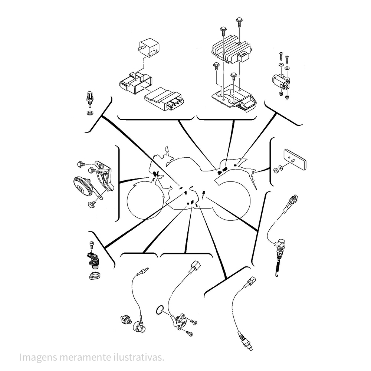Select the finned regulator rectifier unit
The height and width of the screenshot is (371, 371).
click(x=232, y=50)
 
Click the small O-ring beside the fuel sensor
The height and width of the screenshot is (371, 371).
click(x=160, y=310)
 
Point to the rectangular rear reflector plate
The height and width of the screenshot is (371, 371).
click(x=295, y=159)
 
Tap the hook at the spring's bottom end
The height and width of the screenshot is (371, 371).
click(x=277, y=275)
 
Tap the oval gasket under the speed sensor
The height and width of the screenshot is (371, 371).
click(x=94, y=276)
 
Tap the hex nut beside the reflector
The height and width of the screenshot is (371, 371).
click(x=275, y=170)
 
